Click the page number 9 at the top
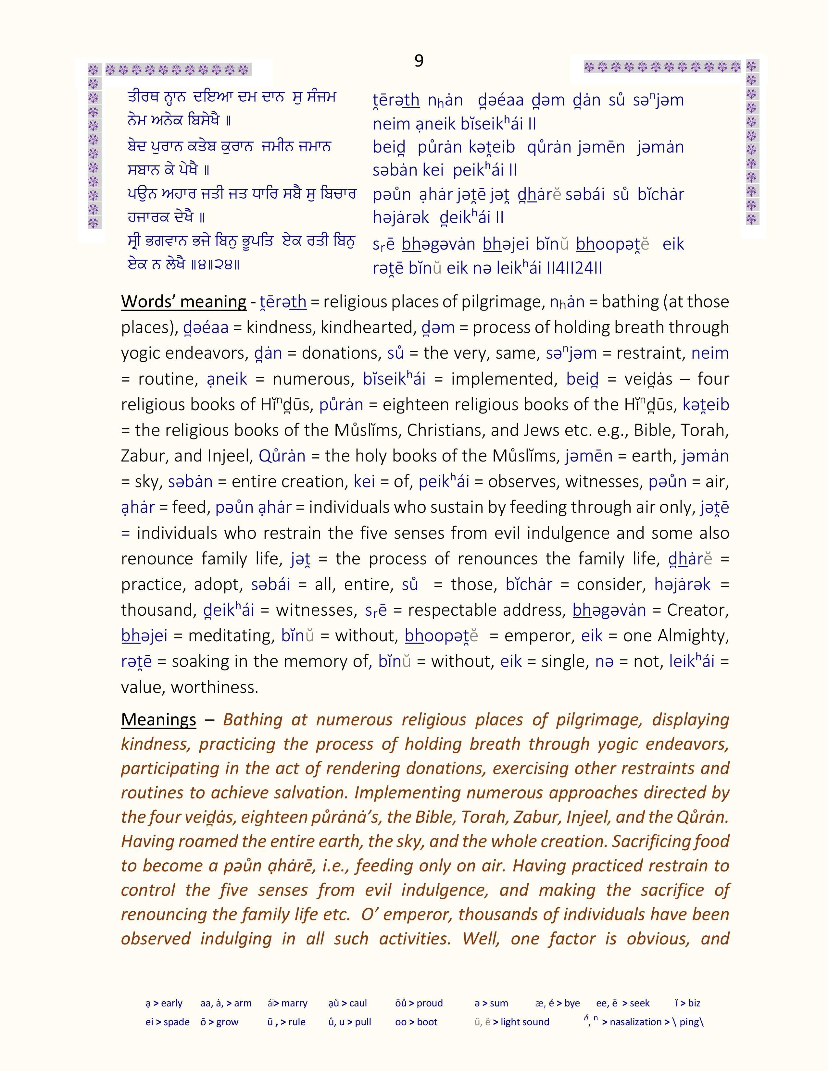pos(419,61)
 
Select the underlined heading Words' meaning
pos(183,302)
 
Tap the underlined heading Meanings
pos(158,720)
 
